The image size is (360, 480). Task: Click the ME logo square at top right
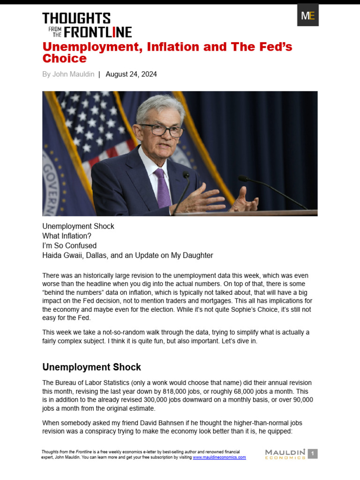coord(308,15)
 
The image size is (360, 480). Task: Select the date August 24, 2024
coord(131,74)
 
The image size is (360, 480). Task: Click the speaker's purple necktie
coord(162,187)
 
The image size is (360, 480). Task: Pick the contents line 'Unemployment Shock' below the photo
coord(78,226)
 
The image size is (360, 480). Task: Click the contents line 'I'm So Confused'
coord(69,246)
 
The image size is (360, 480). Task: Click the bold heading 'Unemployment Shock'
coord(91,367)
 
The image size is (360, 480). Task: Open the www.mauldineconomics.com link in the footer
coord(219,457)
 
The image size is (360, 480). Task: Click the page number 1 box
coord(313,453)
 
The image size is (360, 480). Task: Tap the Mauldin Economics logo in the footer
coord(285,454)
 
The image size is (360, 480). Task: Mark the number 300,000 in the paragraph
coord(142,400)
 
